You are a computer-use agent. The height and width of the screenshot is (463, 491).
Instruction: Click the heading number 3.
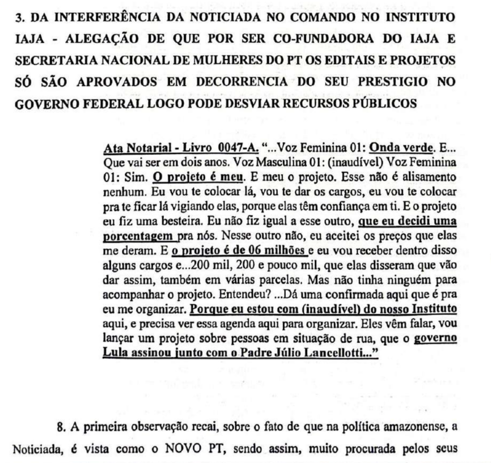pos(18,19)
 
